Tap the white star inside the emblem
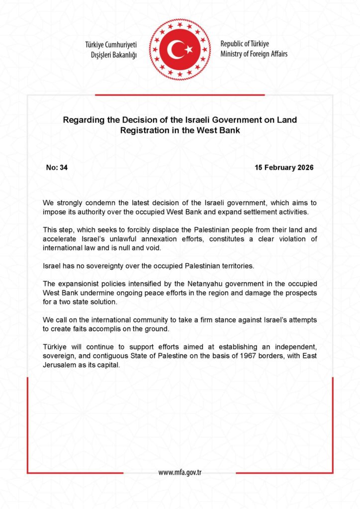[188, 50]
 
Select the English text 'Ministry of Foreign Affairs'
[254, 54]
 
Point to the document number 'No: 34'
[57, 168]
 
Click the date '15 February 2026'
[284, 168]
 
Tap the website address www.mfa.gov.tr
[180, 472]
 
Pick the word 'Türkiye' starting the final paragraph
[55, 348]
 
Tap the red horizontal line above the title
[180, 94]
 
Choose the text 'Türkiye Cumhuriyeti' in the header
[111, 45]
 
